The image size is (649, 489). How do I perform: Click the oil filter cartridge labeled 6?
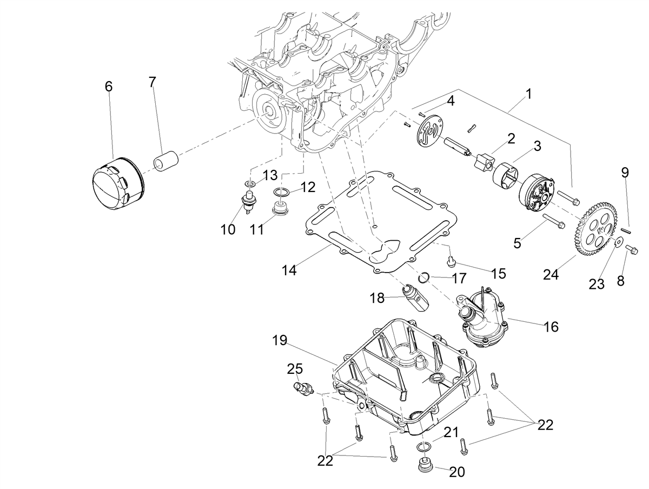(x=117, y=184)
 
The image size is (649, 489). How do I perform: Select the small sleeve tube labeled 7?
(x=166, y=161)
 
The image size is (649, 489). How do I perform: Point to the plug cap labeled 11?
(x=280, y=208)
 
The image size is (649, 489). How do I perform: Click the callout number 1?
(x=528, y=94)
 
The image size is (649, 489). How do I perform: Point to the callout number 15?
(x=499, y=274)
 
